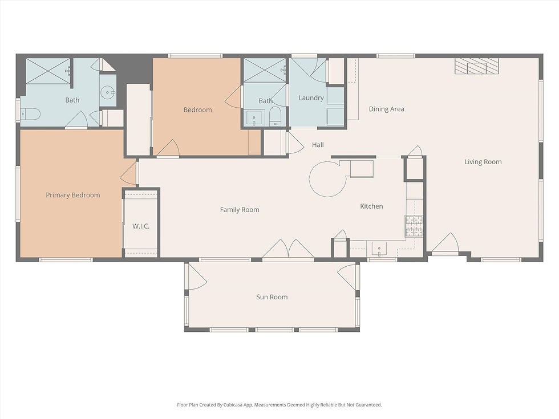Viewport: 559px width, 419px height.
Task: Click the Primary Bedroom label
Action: [72, 195]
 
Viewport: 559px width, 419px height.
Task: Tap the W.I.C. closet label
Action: [141, 226]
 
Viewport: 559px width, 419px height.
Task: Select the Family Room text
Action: [240, 210]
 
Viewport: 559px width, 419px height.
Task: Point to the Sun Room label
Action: [272, 297]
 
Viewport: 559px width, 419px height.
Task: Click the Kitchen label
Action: [371, 206]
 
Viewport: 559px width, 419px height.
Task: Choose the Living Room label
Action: [483, 162]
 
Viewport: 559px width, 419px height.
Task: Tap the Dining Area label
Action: [386, 109]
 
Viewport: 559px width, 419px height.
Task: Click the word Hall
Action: [318, 145]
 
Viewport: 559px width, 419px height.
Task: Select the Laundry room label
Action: [311, 98]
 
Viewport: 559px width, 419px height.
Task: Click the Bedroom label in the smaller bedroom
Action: [197, 109]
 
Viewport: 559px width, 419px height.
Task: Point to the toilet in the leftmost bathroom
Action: [30, 115]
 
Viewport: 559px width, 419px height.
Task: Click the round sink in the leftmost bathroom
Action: [107, 92]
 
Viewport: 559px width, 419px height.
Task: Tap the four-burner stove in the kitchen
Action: [414, 226]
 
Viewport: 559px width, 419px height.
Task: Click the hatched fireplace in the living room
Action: [476, 66]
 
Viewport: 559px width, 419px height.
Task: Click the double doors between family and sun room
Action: [288, 250]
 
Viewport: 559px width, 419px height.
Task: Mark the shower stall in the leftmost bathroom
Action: [48, 71]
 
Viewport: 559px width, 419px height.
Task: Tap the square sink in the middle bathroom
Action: [254, 117]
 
